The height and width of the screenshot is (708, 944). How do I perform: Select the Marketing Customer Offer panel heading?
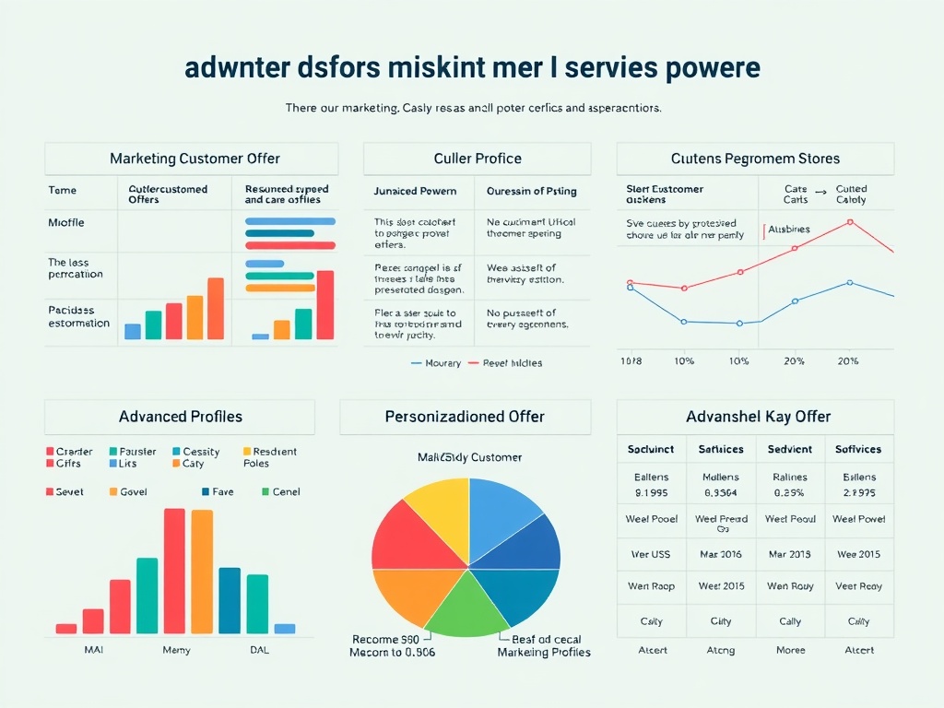(x=195, y=159)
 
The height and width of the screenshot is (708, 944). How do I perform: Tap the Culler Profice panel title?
(x=478, y=159)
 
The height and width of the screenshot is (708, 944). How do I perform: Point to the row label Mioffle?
(x=65, y=222)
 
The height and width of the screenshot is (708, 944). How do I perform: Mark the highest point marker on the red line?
(x=850, y=222)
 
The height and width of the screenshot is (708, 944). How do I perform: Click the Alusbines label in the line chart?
(x=789, y=230)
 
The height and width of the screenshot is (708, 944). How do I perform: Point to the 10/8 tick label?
(x=631, y=361)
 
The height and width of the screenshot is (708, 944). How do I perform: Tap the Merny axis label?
(x=176, y=650)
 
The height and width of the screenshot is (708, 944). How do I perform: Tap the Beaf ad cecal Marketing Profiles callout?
(x=543, y=645)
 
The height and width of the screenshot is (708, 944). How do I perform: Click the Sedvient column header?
(x=790, y=449)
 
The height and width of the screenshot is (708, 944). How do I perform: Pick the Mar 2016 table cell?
(x=721, y=554)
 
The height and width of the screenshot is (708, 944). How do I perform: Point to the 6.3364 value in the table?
(x=721, y=492)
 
